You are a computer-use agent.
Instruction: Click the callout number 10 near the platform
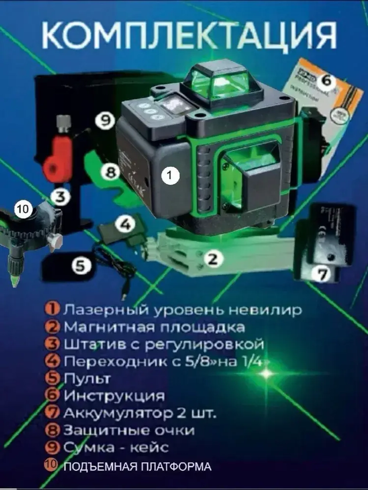tap(22, 209)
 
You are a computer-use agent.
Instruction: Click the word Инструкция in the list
tap(114, 396)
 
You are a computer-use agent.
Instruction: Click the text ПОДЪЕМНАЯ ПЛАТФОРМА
tap(138, 467)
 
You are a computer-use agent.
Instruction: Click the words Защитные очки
tap(129, 430)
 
